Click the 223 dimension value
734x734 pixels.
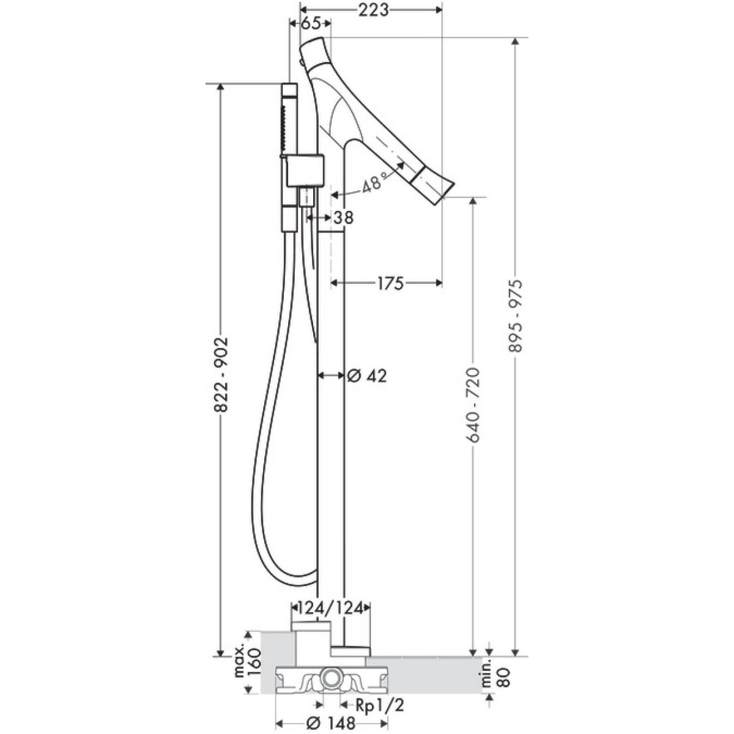[x=373, y=10]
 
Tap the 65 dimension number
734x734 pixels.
[x=311, y=24]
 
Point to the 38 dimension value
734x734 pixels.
[x=343, y=218]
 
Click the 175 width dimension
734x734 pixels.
[x=390, y=283]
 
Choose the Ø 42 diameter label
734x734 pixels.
[x=367, y=376]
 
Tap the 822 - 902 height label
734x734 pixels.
[x=221, y=375]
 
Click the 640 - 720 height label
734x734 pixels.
[x=473, y=406]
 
